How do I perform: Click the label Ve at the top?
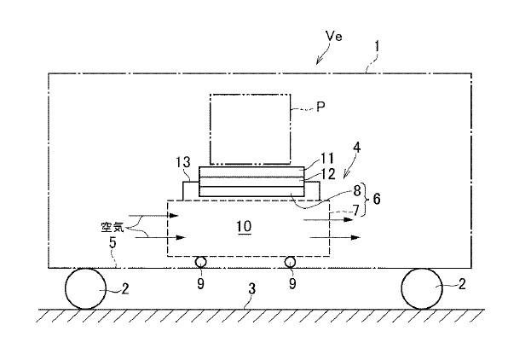tap(334, 36)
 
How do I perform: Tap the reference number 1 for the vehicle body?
tap(377, 47)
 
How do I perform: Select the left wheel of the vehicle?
tap(86, 288)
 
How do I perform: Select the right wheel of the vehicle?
tap(422, 288)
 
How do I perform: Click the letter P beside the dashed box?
tap(320, 107)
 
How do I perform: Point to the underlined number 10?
tap(244, 226)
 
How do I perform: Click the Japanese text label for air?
tap(113, 228)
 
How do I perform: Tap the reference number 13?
tap(183, 162)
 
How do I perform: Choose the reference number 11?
tap(327, 159)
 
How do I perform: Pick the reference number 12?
tap(328, 174)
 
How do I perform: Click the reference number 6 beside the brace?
tap(377, 199)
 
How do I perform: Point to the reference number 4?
tap(356, 148)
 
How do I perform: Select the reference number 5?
tap(113, 242)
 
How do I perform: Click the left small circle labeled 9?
tap(200, 262)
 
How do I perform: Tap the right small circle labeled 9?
tap(290, 262)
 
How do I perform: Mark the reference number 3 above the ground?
tap(252, 288)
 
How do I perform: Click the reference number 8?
tap(356, 191)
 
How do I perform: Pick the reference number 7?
tap(356, 211)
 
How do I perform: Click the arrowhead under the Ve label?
tap(319, 61)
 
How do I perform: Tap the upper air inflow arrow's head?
tap(174, 215)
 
